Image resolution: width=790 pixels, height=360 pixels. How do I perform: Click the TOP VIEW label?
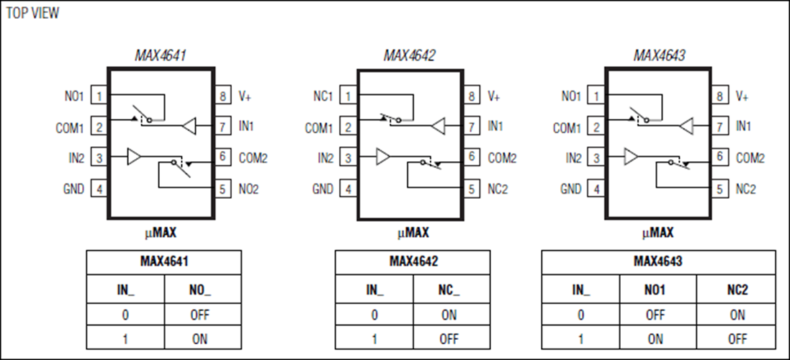33,14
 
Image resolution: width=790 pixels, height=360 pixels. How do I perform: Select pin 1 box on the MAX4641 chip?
99,96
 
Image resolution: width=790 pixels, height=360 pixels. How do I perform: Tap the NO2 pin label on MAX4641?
249,189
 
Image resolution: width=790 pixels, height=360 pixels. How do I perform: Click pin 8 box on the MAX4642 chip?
472,96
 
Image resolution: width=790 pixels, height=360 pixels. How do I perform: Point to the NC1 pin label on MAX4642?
322,96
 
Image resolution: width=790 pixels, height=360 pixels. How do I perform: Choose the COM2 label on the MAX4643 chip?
750,158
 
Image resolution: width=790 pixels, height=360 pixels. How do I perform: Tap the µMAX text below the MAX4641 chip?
161,233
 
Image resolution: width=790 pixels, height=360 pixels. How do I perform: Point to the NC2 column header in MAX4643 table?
737,290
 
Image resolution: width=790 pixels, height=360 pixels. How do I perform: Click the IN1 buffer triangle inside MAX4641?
189,126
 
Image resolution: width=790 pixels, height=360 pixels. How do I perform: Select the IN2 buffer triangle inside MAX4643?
632,156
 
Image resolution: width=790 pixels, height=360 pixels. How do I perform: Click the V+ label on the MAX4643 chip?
742,96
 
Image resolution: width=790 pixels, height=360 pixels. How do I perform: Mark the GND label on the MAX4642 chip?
323,189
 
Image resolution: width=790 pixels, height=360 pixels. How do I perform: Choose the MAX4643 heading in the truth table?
658,261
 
